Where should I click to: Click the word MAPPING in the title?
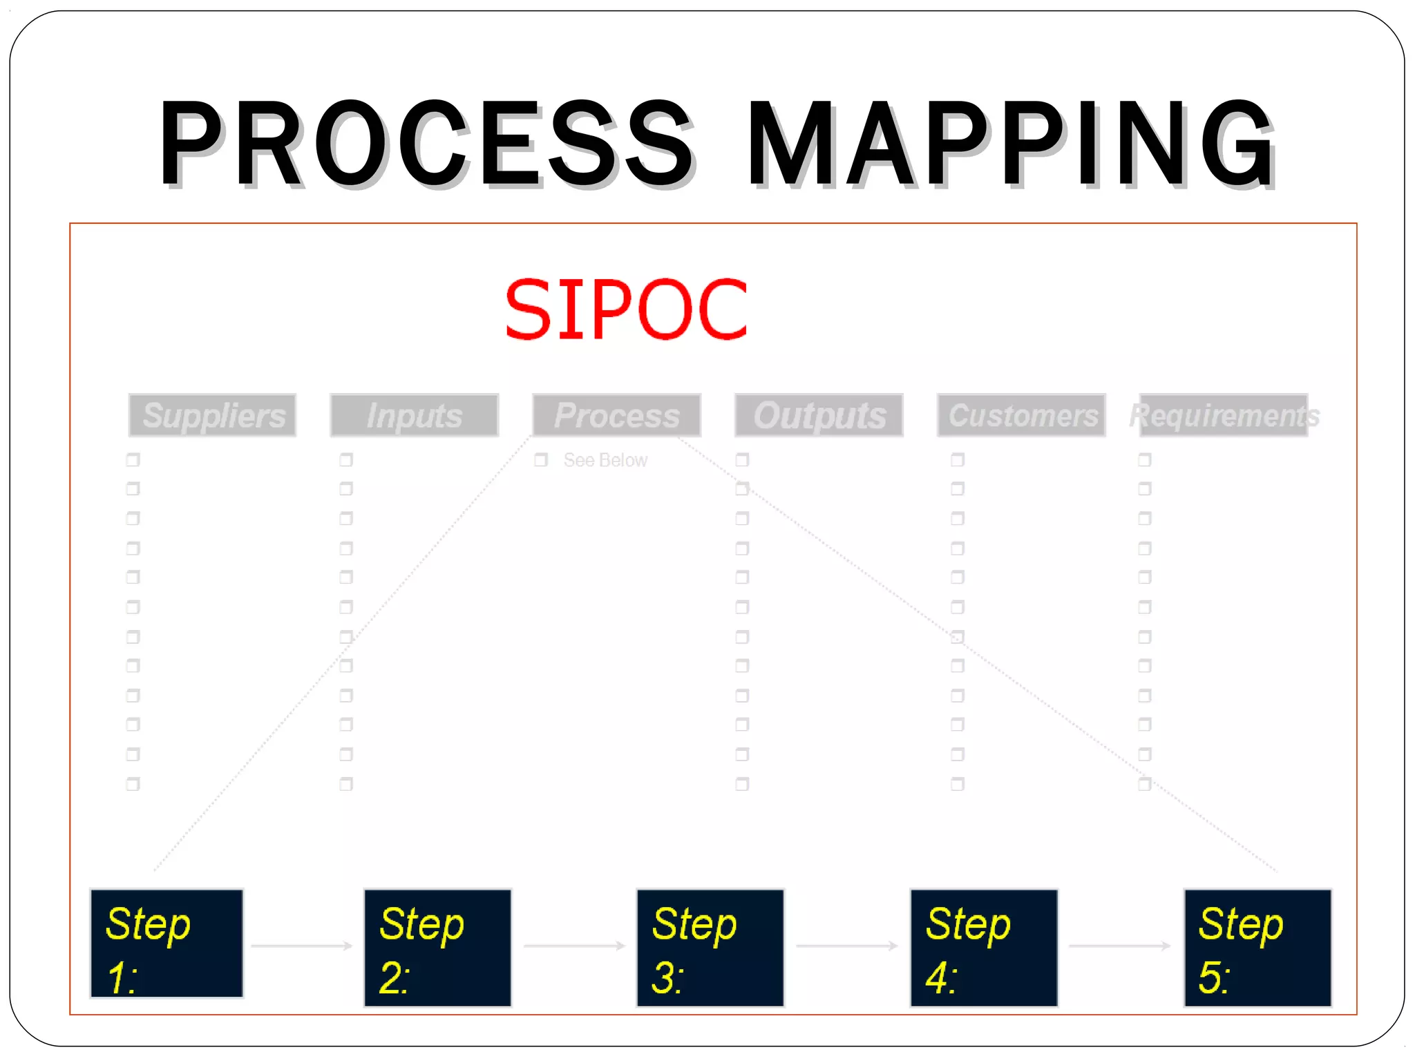click(x=1010, y=143)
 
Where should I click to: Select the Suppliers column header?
click(x=213, y=415)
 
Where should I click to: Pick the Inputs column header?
click(x=415, y=415)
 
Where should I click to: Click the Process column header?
click(x=617, y=415)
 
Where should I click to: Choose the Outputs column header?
click(x=819, y=415)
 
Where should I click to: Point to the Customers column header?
click(x=1022, y=415)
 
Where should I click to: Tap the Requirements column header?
click(x=1224, y=415)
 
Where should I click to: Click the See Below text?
click(x=605, y=460)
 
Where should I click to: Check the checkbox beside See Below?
click(x=541, y=460)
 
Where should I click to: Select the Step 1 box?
click(x=167, y=944)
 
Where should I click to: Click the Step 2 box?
click(x=438, y=948)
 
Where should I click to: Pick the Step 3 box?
click(x=710, y=948)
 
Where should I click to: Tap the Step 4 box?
click(x=984, y=948)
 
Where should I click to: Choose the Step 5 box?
click(x=1257, y=948)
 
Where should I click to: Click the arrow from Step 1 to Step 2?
click(x=303, y=946)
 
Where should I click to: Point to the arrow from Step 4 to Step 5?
click(x=1120, y=946)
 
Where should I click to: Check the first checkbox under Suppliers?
click(x=133, y=459)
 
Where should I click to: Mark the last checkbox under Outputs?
click(x=742, y=784)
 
